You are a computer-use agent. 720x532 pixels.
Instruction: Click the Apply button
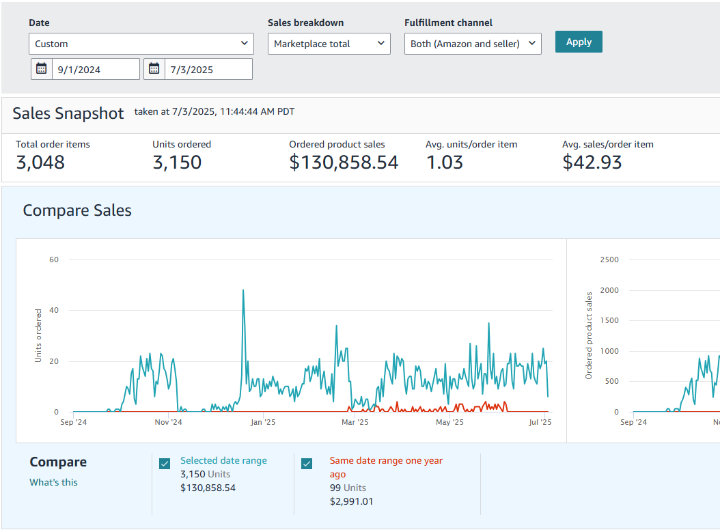578,42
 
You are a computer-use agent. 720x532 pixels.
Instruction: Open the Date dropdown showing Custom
141,44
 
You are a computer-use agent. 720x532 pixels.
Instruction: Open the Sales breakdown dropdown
329,44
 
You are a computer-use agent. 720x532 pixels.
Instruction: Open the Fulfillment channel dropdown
472,44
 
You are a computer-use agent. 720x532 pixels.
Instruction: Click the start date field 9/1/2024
96,69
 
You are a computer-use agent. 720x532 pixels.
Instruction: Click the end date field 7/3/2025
208,69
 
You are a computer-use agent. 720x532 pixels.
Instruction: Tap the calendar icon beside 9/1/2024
42,69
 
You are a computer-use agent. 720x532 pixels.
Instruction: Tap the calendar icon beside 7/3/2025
154,69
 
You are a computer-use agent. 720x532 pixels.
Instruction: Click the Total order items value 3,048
40,163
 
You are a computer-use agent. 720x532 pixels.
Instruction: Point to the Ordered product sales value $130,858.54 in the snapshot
344,163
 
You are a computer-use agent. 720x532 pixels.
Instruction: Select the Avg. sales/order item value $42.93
592,163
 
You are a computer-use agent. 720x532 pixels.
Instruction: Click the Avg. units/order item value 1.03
444,163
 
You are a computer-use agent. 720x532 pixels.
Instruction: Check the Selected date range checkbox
165,464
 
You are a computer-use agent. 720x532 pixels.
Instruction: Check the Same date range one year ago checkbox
307,464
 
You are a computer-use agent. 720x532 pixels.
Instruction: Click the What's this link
53,482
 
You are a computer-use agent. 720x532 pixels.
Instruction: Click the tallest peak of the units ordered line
243,290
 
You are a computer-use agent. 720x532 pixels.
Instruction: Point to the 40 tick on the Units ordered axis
54,310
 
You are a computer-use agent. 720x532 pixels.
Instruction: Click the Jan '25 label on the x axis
262,423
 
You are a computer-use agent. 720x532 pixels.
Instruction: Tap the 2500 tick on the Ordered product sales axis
609,260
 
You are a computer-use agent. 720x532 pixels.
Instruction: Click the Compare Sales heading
77,210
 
